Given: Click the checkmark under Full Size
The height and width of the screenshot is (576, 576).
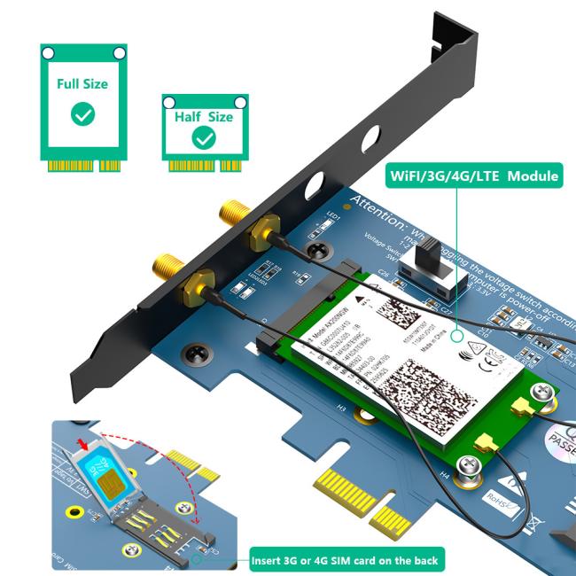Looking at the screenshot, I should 83,113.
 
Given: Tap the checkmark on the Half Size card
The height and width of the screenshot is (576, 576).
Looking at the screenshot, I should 204,137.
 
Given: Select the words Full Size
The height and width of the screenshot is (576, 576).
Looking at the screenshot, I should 82,84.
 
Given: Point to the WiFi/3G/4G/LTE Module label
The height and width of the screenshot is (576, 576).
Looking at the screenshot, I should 474,175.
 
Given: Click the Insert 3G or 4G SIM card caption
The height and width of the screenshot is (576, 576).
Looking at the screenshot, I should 344,559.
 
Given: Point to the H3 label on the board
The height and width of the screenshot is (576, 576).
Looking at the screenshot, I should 340,409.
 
